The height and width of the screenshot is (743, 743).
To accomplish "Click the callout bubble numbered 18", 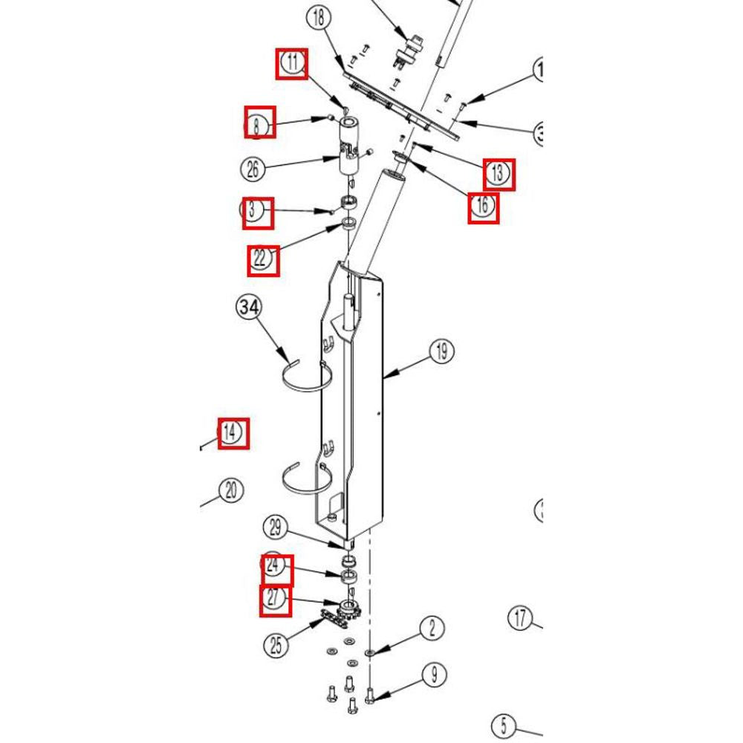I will tap(319, 19).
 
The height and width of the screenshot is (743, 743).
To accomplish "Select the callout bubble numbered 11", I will tap(293, 63).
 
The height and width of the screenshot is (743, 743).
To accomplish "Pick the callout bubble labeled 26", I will tap(253, 169).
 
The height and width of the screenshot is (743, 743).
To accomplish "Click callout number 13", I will tap(497, 174).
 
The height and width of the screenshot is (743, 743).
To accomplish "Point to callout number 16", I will tap(482, 206).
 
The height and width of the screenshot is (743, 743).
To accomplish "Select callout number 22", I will tap(262, 259).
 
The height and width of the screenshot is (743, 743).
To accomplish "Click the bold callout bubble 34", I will tap(250, 307).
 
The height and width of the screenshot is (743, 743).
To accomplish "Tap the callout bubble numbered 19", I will tap(442, 351).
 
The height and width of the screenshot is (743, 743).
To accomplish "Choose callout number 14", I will tap(232, 432).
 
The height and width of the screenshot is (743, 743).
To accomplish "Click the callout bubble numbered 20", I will tap(231, 490).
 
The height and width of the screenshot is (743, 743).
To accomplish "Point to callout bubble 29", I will tap(276, 528).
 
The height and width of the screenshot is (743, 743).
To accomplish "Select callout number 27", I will tap(275, 600).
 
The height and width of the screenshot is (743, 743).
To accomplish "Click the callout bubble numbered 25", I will tap(276, 646).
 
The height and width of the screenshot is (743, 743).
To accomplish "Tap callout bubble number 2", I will tap(433, 629).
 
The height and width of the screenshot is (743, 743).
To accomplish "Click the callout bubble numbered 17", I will tap(520, 617).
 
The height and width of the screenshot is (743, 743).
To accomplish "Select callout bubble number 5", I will tap(504, 725).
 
